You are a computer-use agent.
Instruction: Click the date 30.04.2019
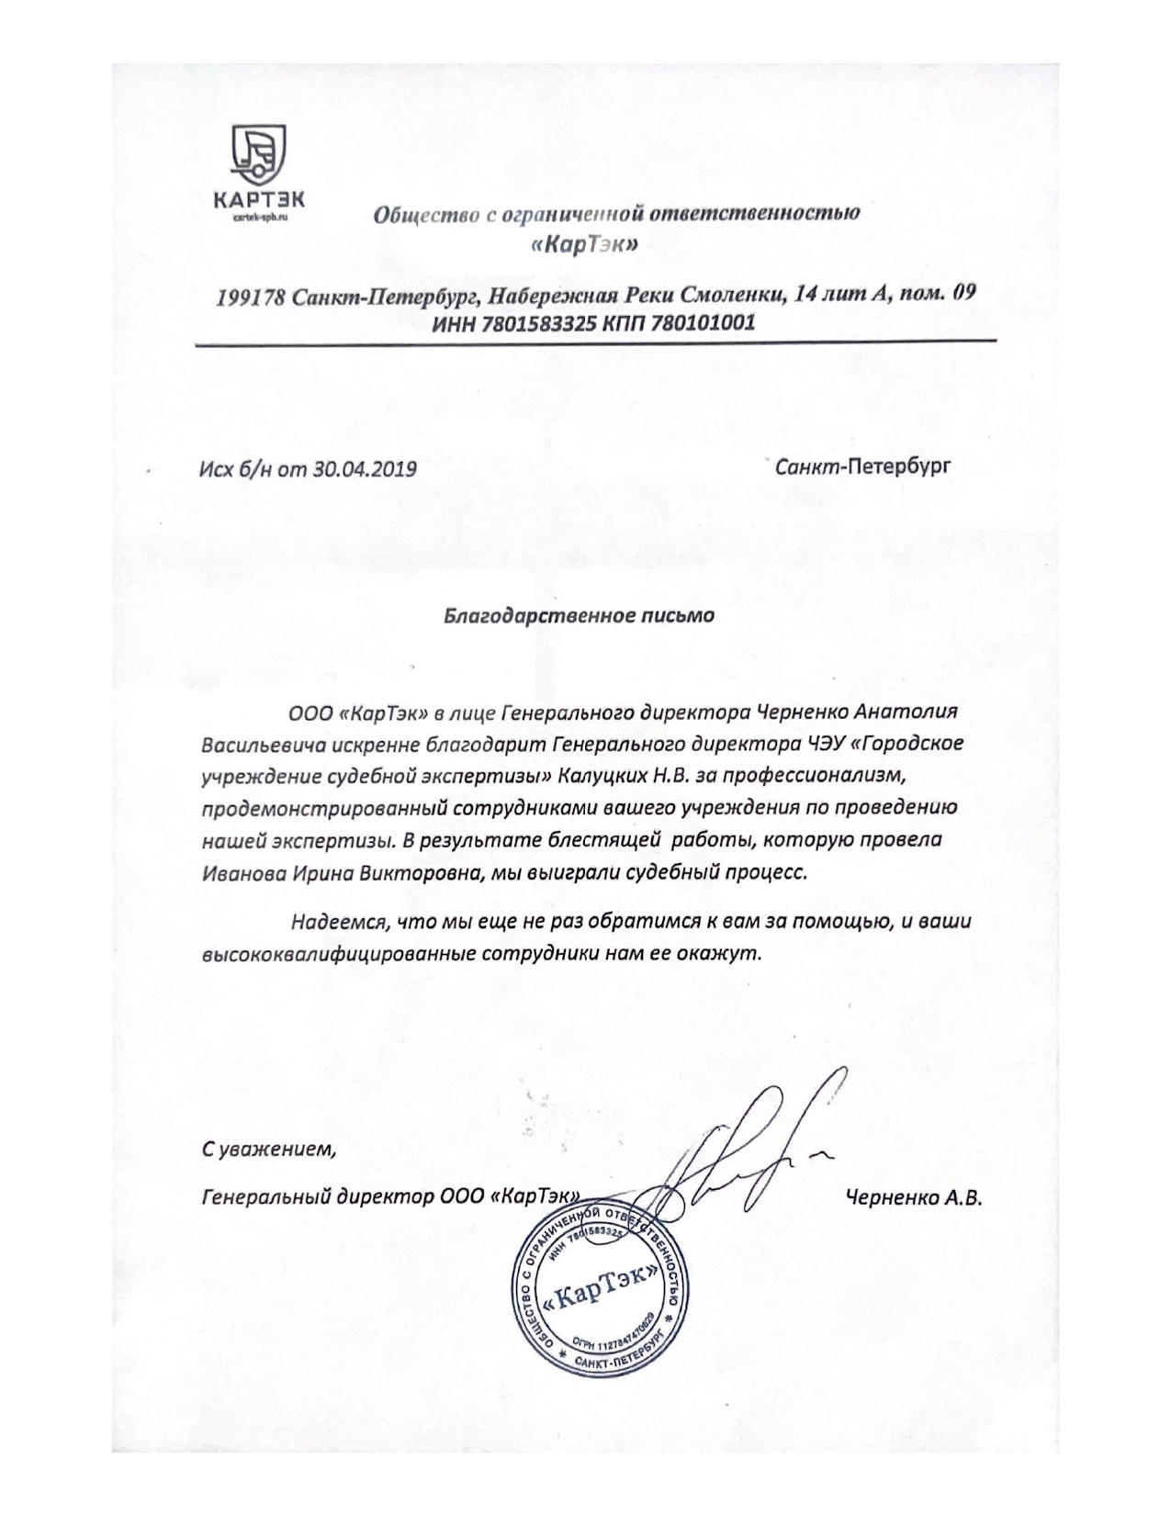365,469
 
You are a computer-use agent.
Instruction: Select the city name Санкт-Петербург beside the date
862,466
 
